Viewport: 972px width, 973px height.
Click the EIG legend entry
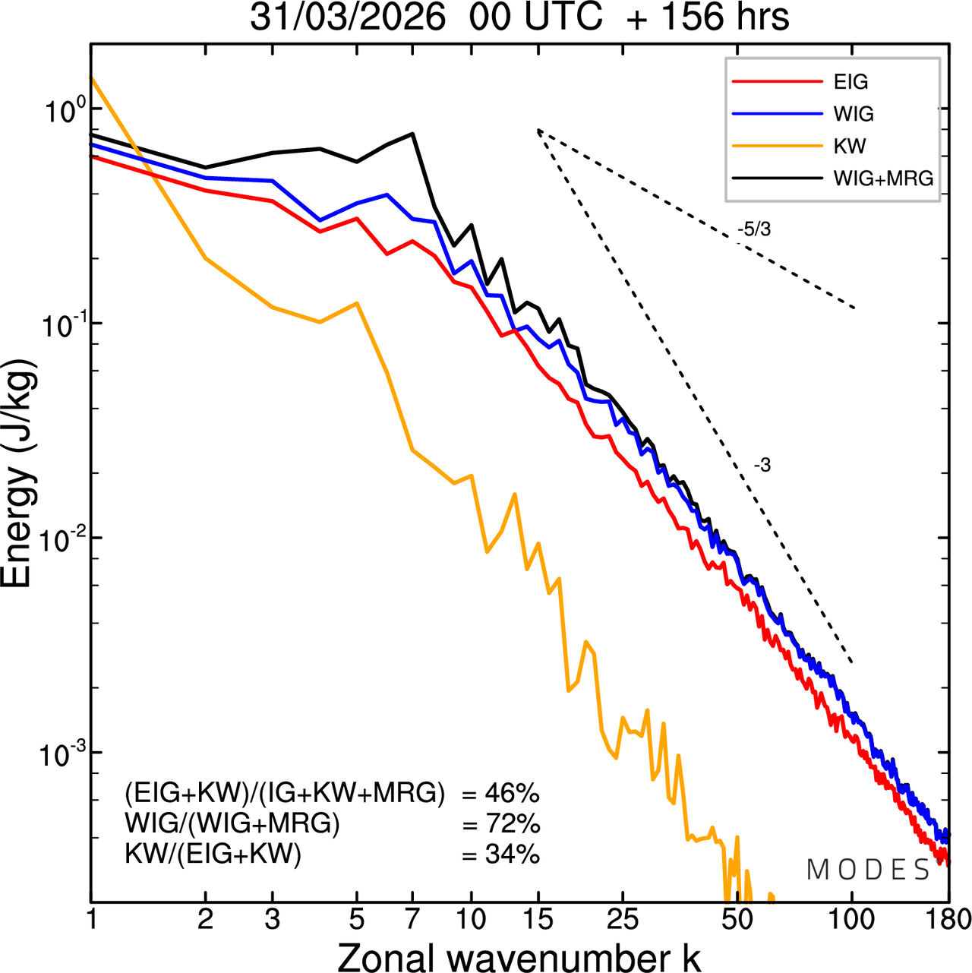(850, 82)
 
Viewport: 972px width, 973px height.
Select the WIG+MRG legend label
(883, 178)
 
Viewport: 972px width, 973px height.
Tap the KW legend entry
(849, 146)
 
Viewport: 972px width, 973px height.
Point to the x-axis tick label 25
(622, 919)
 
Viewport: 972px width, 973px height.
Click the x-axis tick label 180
(948, 919)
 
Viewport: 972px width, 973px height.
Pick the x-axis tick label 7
(412, 919)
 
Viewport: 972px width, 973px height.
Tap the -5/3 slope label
(753, 229)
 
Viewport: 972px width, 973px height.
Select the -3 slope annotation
(762, 466)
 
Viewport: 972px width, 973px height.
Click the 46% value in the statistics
(512, 794)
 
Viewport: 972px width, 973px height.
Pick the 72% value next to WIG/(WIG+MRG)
(512, 824)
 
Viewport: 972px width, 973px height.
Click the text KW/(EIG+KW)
(213, 855)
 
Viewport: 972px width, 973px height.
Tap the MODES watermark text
(868, 870)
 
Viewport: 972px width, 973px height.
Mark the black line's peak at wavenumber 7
(412, 134)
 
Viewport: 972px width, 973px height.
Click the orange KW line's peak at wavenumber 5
(357, 303)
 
